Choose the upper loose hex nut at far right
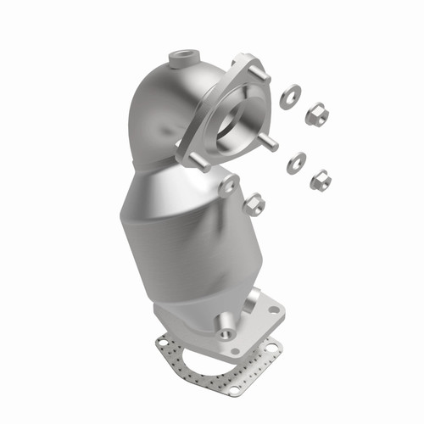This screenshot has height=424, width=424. (x=315, y=113)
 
